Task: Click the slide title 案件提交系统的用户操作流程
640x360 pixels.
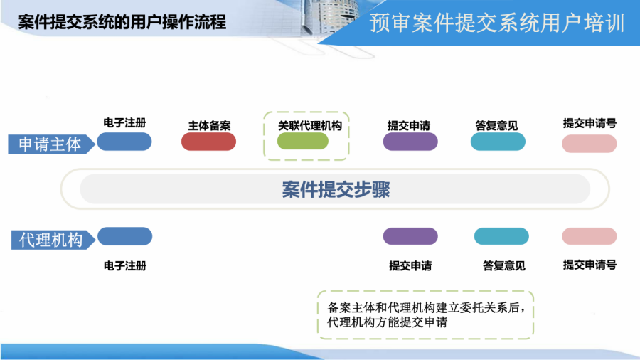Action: [x=122, y=22]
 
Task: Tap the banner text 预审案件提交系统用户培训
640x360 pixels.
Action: [x=497, y=23]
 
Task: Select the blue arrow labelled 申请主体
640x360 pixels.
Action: [x=51, y=144]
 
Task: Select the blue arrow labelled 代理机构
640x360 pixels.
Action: [x=53, y=240]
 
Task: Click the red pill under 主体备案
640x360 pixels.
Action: [x=208, y=142]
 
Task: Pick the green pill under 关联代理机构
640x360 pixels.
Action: [x=302, y=141]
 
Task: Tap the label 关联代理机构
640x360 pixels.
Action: [x=310, y=126]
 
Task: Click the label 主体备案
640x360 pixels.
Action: [x=209, y=126]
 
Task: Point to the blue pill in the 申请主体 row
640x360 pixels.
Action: [x=124, y=142]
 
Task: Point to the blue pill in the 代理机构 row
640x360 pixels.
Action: [x=125, y=236]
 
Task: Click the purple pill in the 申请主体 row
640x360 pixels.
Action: [x=410, y=142]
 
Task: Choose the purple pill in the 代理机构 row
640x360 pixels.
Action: [x=410, y=236]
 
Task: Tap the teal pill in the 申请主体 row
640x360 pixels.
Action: [x=498, y=142]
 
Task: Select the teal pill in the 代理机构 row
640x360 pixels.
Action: [x=501, y=236]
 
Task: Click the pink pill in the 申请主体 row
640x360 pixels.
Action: [x=589, y=144]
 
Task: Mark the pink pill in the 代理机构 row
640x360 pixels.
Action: [x=589, y=236]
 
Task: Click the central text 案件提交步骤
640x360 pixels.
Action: [x=336, y=189]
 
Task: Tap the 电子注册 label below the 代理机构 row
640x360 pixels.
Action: [x=125, y=265]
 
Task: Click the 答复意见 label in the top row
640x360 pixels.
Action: [x=496, y=126]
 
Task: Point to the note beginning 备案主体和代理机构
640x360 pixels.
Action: [x=426, y=314]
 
